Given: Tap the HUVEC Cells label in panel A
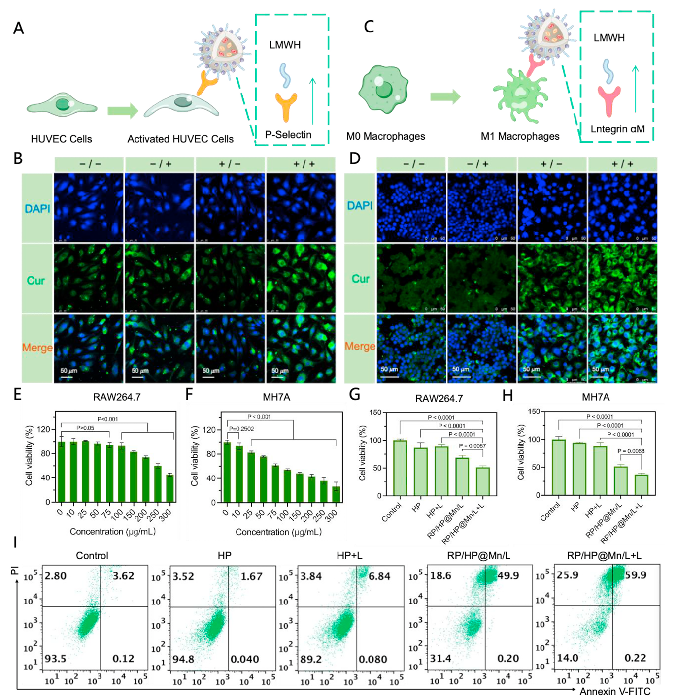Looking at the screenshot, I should tap(61, 139).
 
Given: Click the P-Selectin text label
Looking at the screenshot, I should tap(288, 135).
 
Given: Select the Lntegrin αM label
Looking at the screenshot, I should tap(618, 129).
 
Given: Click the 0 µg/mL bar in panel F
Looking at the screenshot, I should tap(227, 472).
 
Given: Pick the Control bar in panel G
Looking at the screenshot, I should tap(400, 468).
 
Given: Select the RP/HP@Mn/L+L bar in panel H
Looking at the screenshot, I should tap(642, 484).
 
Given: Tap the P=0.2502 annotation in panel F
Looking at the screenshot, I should tap(241, 429).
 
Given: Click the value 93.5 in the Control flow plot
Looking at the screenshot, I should tap(56, 659).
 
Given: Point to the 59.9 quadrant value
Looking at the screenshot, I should tap(636, 575).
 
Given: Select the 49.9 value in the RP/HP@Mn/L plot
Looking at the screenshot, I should tap(508, 575).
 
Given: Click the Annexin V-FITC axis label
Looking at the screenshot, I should tap(615, 691).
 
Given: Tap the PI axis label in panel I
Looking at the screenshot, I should tap(14, 571).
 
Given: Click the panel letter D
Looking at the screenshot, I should tap(354, 159).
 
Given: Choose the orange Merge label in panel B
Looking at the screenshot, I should tap(37, 348).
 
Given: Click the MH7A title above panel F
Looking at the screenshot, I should tap(276, 397).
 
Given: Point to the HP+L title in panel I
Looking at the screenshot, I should tap(349, 556).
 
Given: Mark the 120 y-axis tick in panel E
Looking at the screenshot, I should tap(44, 430).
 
